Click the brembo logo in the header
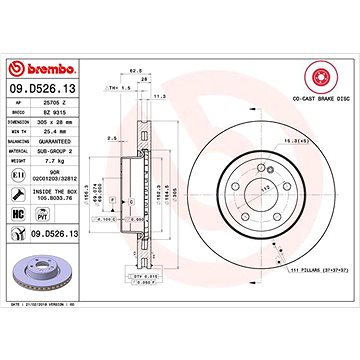41,14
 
